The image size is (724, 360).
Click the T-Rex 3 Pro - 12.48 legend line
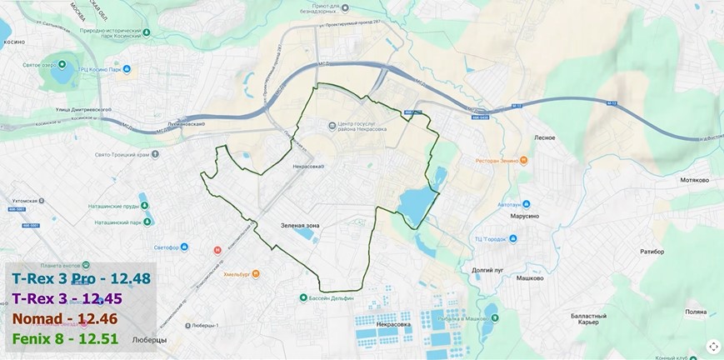click(81, 278)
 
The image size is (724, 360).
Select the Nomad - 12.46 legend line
click(65, 318)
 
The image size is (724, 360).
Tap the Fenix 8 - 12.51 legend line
click(65, 338)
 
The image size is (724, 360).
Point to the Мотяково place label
click(694, 179)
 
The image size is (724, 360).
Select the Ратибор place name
click(652, 251)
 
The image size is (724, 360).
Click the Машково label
click(529, 278)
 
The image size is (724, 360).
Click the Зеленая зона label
click(300, 224)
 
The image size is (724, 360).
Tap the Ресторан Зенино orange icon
click(523, 161)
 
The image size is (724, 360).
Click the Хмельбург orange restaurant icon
click(256, 272)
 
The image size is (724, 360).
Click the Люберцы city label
click(151, 340)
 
